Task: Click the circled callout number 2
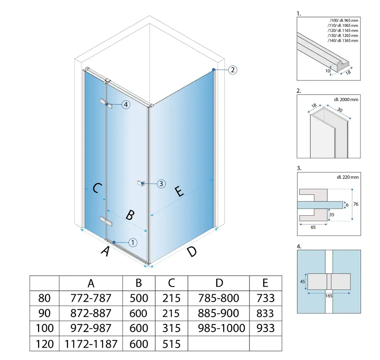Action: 233,70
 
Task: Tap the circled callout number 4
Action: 126,104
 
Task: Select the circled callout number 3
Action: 161,184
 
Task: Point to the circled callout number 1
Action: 133,242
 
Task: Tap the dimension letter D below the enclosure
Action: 192,252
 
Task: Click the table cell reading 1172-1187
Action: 91,344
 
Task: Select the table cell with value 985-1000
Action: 221,328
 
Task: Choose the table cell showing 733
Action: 265,298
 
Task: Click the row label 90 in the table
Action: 44,313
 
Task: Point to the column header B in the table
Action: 139,283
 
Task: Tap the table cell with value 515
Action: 171,344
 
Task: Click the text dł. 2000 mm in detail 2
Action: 346,100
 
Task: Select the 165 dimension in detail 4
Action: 329,296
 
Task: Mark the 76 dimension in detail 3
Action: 356,204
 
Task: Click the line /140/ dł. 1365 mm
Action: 343,41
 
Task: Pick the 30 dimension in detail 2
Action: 340,110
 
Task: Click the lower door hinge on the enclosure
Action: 107,221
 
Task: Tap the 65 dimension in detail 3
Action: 313,227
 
